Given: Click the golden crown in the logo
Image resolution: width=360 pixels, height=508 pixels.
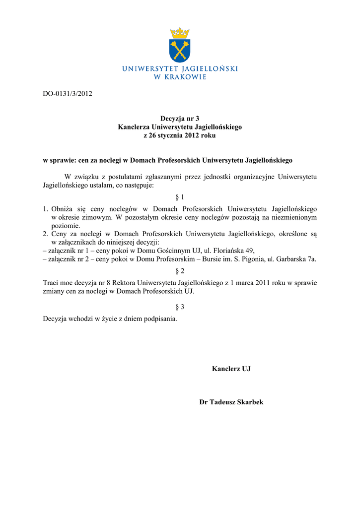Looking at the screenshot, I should (x=180, y=34).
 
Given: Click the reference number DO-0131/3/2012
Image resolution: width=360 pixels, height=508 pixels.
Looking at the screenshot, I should (x=68, y=93).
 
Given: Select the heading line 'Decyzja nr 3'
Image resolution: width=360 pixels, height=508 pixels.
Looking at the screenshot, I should (x=180, y=119).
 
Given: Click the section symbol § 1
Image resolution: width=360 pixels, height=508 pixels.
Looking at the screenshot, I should (x=180, y=197).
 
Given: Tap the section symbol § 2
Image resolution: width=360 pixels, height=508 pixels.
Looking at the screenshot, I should (x=180, y=271).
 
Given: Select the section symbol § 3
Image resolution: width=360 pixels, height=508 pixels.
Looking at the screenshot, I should (x=180, y=307).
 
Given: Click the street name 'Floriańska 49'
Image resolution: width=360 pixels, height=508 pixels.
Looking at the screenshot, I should (x=233, y=251).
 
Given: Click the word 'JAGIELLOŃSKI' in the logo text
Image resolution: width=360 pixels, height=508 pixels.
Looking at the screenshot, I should (x=210, y=68).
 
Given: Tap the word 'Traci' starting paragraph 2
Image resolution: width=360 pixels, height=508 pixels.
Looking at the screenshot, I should (x=52, y=283).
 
